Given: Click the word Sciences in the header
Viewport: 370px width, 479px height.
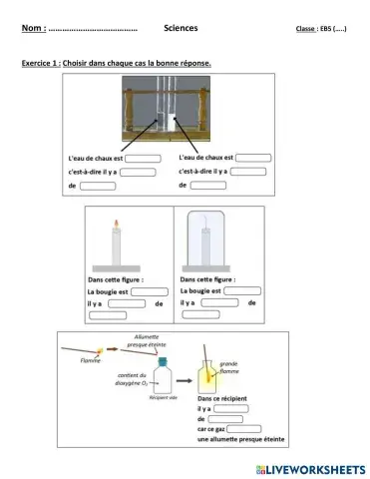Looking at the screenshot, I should [181, 28].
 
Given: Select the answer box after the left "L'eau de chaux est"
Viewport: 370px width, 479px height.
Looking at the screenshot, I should [143, 158].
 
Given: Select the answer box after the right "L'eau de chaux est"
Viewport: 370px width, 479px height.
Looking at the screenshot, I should [252, 157].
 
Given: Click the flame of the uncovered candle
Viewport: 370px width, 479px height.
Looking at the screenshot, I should [117, 223].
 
